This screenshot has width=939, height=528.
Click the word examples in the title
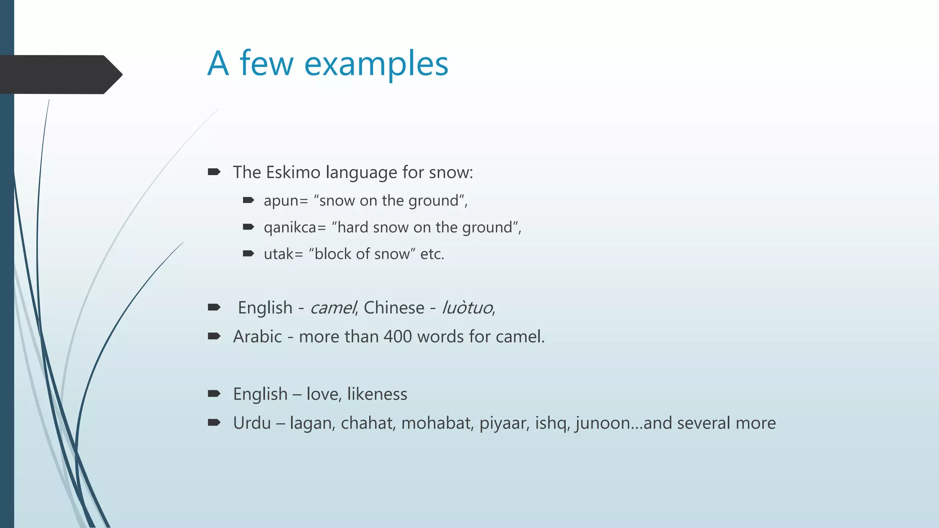[x=376, y=64]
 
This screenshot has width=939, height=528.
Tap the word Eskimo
[x=293, y=172]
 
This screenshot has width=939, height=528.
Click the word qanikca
[x=290, y=228]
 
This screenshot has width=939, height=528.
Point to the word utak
[x=278, y=254]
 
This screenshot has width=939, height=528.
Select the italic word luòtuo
[x=467, y=308]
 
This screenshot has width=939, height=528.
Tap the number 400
[x=398, y=336]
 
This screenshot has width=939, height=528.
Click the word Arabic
[x=257, y=336]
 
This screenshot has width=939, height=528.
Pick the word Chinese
[x=394, y=308]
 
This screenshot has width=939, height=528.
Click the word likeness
[x=377, y=394]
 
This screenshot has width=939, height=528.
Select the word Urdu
[x=252, y=423]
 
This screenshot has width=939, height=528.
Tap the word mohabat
[x=437, y=423]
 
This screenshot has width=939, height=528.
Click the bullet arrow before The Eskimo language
[x=214, y=172]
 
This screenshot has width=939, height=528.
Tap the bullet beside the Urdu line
[x=214, y=423]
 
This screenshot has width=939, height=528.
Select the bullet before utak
[x=248, y=253]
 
